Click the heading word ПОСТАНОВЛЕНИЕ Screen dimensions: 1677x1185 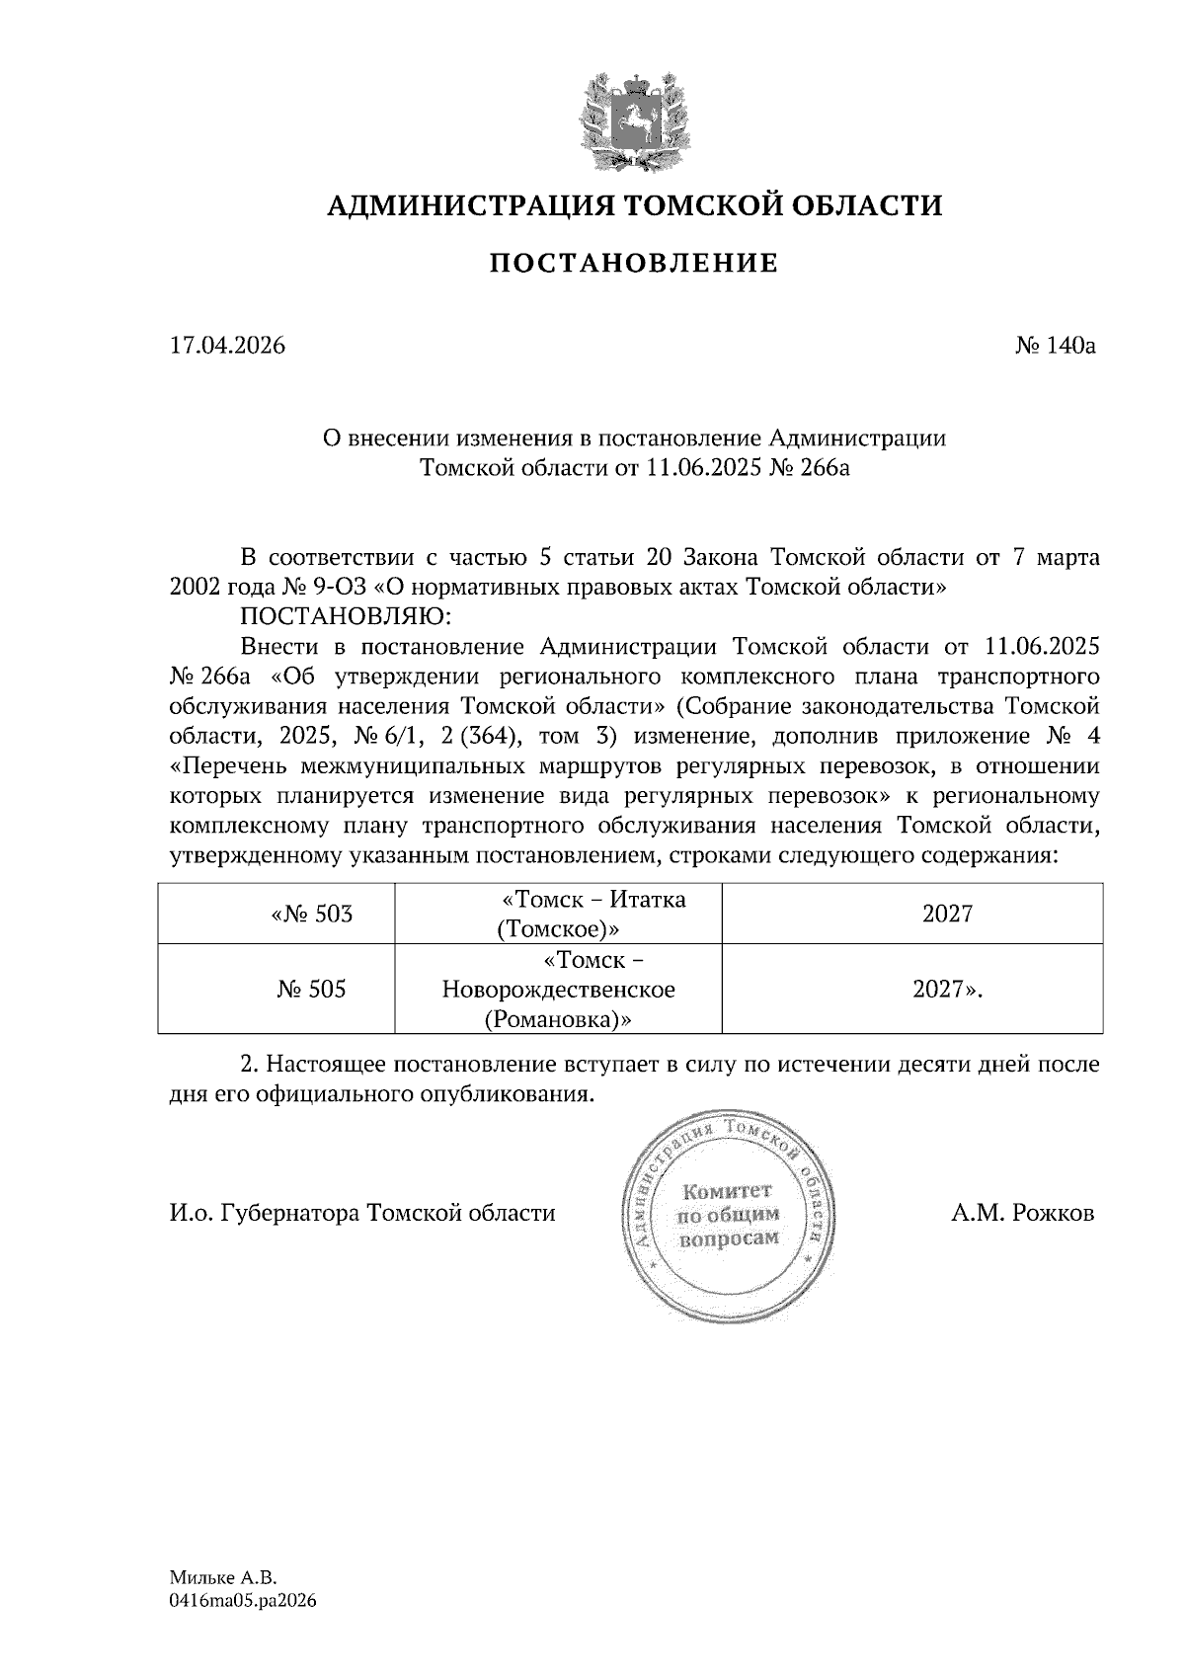click(x=633, y=264)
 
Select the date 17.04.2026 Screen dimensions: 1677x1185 click(x=227, y=346)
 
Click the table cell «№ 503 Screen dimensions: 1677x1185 click(x=311, y=915)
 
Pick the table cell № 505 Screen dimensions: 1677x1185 click(x=311, y=990)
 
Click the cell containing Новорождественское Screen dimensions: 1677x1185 click(x=559, y=990)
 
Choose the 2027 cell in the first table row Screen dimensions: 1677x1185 click(x=947, y=915)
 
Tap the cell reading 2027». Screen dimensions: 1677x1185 click(x=947, y=990)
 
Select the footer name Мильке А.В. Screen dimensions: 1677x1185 click(x=224, y=1578)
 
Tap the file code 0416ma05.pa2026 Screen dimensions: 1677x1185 click(x=243, y=1602)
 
